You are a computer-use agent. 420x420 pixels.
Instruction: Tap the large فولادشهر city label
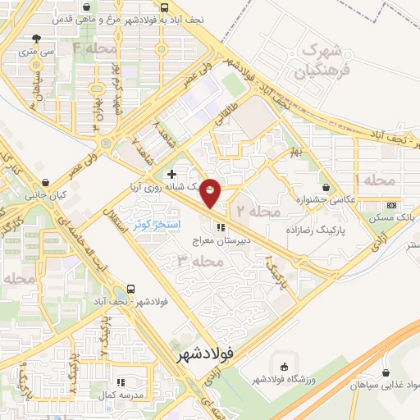(206, 354)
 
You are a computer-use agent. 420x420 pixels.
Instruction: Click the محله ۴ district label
(89, 49)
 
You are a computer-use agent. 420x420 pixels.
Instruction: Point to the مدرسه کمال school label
(121, 395)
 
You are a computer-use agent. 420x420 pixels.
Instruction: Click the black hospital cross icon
(171, 174)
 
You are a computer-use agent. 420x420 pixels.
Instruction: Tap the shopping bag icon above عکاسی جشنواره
(326, 186)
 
